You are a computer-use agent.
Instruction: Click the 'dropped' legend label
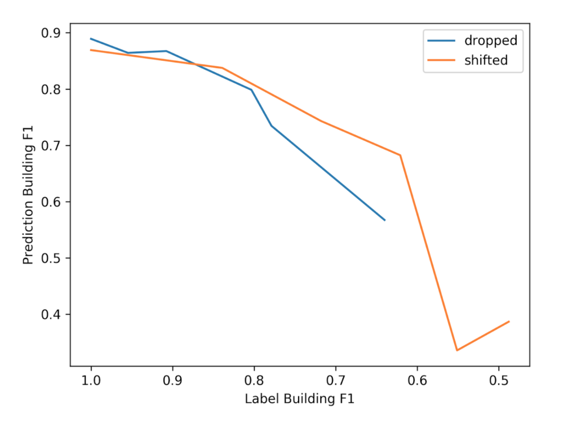pos(490,41)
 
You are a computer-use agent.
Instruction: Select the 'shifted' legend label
pos(486,60)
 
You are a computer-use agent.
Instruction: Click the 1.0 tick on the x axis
pos(91,380)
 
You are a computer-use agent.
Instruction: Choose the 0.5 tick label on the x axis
pos(499,380)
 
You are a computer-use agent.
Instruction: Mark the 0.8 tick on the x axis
pos(254,380)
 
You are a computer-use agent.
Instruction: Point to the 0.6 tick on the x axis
pos(417,380)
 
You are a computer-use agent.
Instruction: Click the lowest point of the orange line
pos(457,350)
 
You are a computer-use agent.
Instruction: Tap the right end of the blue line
pos(385,220)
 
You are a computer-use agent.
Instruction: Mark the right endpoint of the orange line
pos(509,321)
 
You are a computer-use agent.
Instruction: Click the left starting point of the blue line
pos(91,38)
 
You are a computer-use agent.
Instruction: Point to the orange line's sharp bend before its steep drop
pos(400,155)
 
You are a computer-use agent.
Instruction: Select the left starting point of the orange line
pos(91,50)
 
